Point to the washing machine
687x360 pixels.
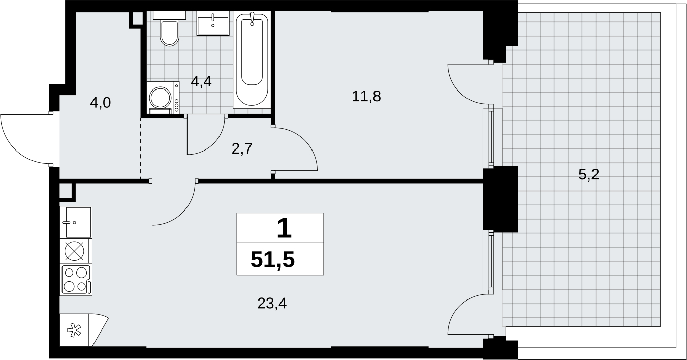[163, 98]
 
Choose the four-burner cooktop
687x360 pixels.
[76, 280]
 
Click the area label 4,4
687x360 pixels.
[201, 82]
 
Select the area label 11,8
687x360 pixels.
[366, 96]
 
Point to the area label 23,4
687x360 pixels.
[272, 304]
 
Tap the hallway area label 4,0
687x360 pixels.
[100, 103]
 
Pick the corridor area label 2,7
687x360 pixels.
[242, 149]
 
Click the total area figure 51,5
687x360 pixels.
[273, 260]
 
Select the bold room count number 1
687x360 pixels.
[284, 228]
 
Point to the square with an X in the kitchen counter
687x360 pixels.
[75, 251]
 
